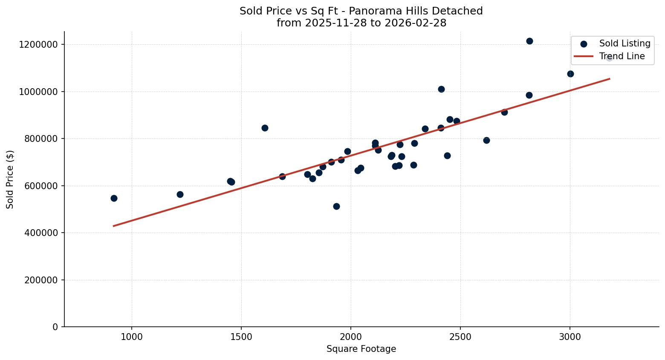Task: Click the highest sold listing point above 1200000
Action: (529, 41)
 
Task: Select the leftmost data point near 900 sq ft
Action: (114, 198)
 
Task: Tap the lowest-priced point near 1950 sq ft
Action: (336, 206)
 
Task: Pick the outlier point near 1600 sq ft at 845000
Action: (265, 128)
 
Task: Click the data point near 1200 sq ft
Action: (180, 194)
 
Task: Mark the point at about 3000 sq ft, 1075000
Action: (570, 74)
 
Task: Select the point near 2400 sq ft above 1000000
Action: (441, 89)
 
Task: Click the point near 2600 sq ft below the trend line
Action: (486, 140)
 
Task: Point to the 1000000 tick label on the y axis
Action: (38, 92)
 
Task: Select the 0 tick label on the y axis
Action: (55, 327)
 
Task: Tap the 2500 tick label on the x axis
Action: (460, 337)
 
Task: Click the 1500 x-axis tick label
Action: (241, 337)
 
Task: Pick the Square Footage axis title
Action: (361, 349)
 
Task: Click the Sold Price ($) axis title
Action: (10, 179)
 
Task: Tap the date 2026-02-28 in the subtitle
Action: (415, 23)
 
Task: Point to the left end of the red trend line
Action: (114, 226)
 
